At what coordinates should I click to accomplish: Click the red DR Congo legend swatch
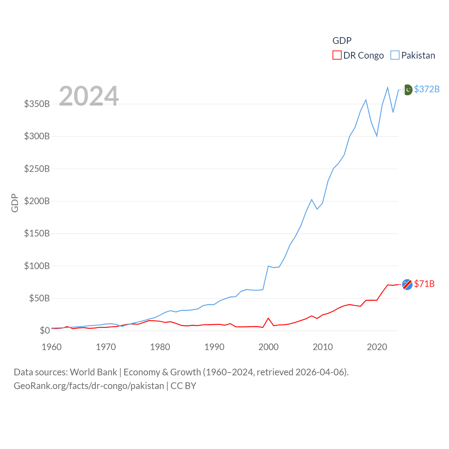pos(337,55)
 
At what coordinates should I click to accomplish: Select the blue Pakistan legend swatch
pos(395,55)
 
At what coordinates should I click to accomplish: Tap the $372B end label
pos(427,89)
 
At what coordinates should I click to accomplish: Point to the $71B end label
pos(424,284)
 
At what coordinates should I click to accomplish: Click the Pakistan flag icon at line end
pos(407,90)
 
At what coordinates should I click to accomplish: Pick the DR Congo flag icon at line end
pos(407,284)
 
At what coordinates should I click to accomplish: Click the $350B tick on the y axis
pos(37,104)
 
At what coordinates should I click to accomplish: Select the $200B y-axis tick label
pos(37,201)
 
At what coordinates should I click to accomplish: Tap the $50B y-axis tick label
pos(39,298)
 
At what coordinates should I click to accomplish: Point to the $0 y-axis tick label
pos(45,330)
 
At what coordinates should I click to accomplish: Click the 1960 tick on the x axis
pos(52,347)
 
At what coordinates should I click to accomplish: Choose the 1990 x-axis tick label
pos(214,347)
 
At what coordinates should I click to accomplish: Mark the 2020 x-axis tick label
pos(377,347)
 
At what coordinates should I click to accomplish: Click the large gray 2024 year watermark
pos(89,96)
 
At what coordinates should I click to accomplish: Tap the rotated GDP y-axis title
pos(15,203)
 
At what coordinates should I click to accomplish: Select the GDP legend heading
pos(342,41)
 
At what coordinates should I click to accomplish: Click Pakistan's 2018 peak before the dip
pos(366,100)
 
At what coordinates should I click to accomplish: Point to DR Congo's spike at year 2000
pos(268,318)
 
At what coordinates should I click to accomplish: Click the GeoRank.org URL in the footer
pos(89,386)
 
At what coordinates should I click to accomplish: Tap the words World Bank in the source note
pos(93,372)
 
